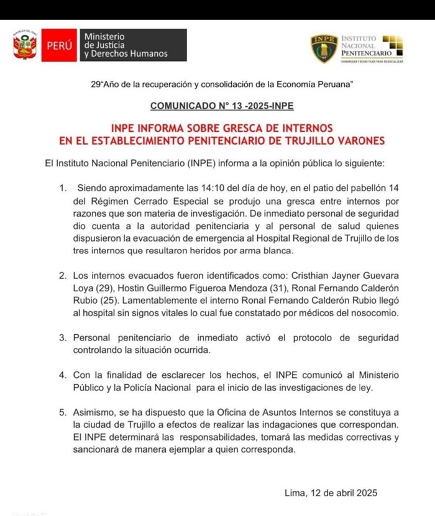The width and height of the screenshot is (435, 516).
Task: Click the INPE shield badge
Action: [324, 49]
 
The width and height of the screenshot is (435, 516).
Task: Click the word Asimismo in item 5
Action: [97, 412]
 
